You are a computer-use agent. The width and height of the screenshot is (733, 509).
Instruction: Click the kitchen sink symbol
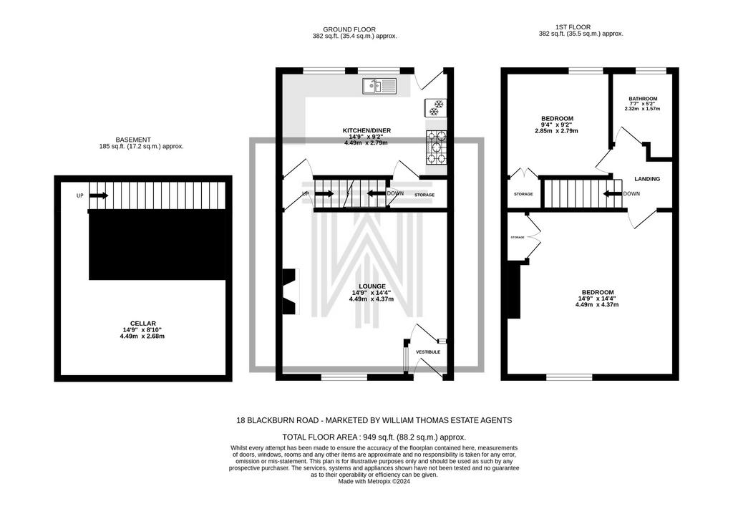point(379,86)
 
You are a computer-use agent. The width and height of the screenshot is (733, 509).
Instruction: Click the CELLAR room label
point(142,323)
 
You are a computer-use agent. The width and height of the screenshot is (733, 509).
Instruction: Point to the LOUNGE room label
point(372,286)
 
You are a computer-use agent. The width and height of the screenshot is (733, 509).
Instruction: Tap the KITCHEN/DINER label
point(366,130)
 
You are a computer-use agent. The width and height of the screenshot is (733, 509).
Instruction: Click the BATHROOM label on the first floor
point(643,99)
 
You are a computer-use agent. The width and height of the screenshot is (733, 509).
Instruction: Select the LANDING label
point(647,178)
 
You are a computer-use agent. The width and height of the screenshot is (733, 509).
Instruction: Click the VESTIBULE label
point(428,352)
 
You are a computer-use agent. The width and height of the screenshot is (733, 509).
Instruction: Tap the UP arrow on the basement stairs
point(99,195)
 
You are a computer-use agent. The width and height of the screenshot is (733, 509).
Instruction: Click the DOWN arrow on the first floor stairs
point(613,193)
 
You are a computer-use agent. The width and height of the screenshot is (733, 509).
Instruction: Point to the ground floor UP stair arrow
point(324,193)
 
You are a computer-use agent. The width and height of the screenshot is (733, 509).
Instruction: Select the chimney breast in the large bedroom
point(514,290)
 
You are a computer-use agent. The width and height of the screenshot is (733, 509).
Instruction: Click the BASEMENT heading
point(133,140)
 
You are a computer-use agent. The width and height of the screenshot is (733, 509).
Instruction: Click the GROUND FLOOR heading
point(349,29)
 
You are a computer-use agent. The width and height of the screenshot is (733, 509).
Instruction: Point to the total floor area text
point(374,437)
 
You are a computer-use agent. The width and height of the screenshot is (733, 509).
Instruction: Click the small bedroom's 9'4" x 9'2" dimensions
point(557,125)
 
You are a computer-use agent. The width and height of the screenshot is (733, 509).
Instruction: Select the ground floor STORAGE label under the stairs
point(424,195)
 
